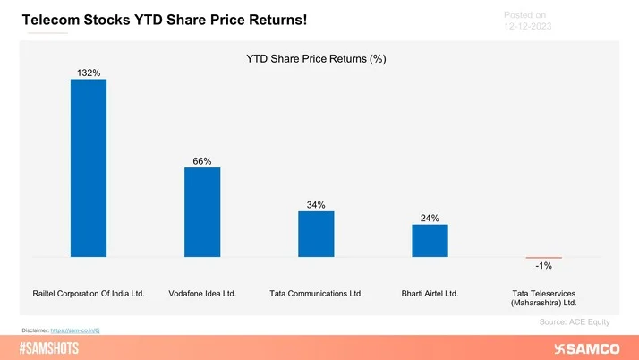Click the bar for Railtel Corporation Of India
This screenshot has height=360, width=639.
89,167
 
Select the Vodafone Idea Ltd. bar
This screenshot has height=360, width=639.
202,211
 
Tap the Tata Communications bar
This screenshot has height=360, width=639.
316,234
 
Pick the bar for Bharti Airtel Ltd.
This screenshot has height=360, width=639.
430,240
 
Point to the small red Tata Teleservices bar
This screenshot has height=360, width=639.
543,258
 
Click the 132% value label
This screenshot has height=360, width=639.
89,71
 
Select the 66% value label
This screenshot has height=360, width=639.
202,161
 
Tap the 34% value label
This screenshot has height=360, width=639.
316,205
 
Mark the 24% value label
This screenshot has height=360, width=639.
430,218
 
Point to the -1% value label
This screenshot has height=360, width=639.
543,266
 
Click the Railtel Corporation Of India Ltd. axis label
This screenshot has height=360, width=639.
89,293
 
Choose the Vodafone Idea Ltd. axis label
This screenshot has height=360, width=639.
202,293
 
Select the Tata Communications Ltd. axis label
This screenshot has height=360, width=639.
316,293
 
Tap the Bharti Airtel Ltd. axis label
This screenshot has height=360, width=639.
430,293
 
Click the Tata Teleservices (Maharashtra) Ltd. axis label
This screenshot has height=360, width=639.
543,297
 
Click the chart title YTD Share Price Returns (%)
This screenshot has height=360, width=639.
321,59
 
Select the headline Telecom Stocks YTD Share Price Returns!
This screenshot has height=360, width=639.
164,19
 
